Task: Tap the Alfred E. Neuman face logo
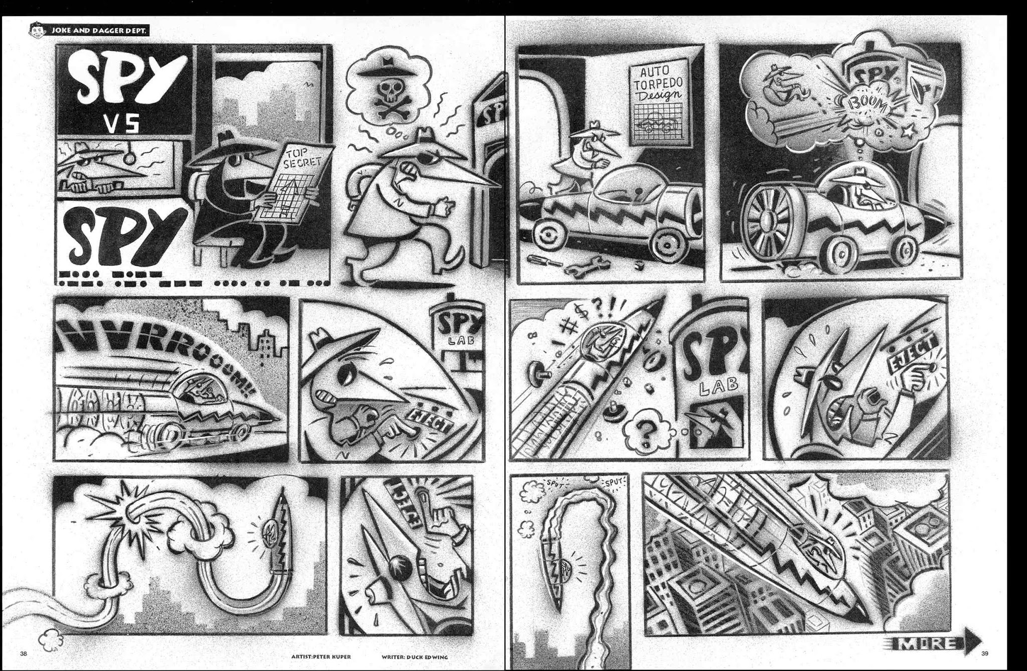(37, 30)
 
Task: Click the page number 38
(24, 653)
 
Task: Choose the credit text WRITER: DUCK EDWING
(414, 656)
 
